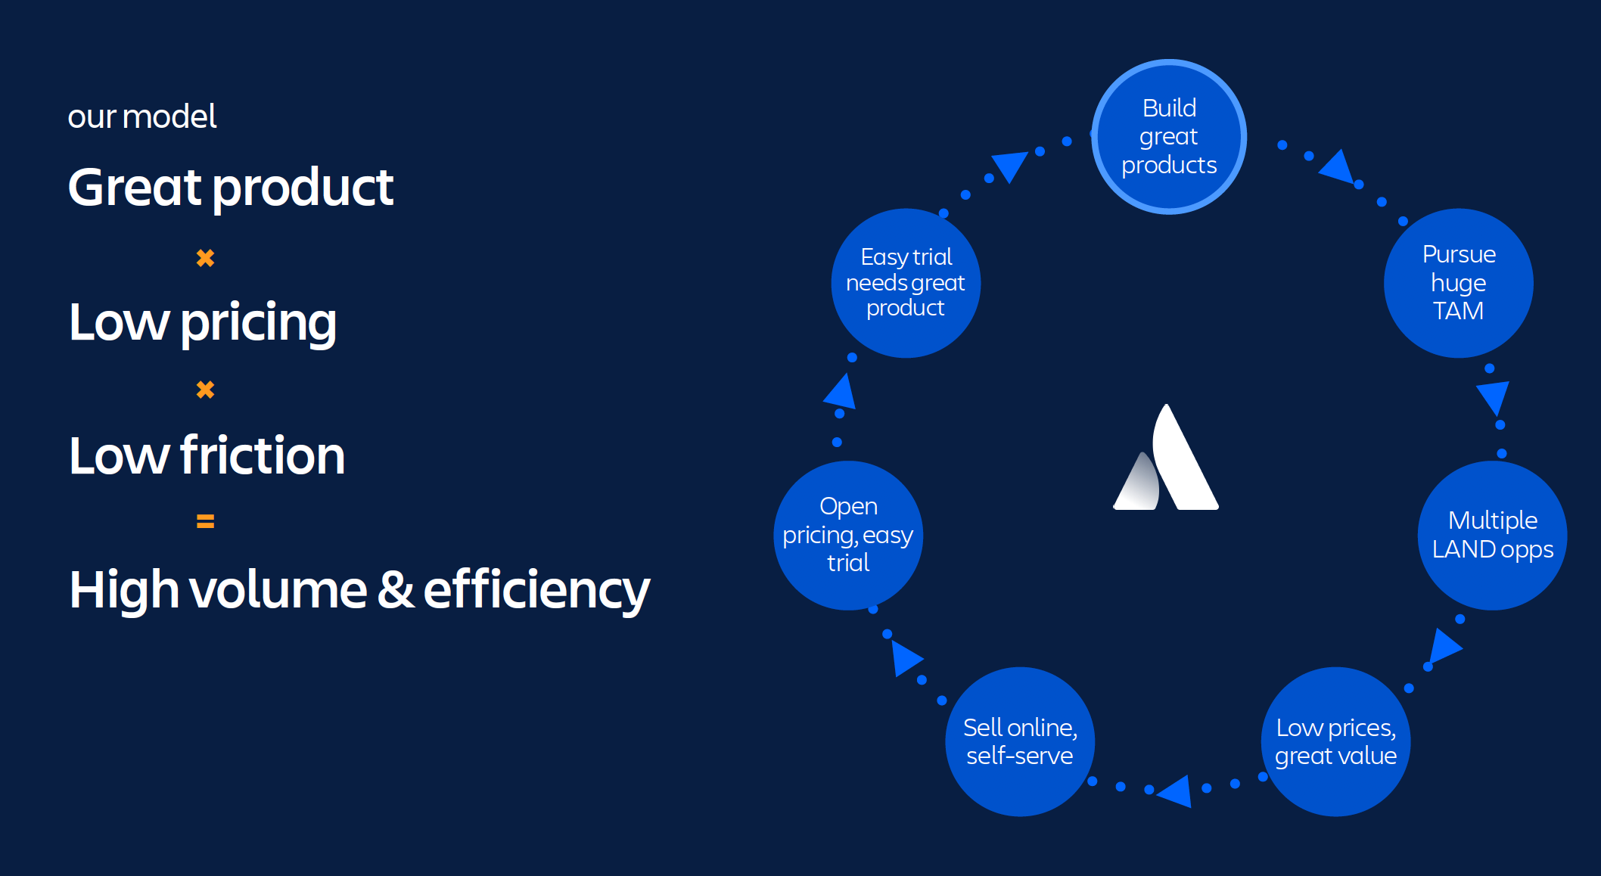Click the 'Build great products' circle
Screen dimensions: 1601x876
pyautogui.click(x=1169, y=137)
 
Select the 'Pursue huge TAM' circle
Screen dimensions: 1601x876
pyautogui.click(x=1458, y=283)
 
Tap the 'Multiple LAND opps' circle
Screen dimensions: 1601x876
pyautogui.click(x=1492, y=535)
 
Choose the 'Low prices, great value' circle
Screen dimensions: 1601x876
pyautogui.click(x=1335, y=741)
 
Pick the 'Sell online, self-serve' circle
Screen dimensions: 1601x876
pyautogui.click(x=1019, y=741)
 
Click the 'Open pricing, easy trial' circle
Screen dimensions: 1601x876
pyautogui.click(x=848, y=535)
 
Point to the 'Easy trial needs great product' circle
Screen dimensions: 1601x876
pyautogui.click(x=906, y=283)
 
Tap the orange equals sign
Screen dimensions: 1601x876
pyautogui.click(x=205, y=521)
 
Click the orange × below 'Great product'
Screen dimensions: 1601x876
pyautogui.click(x=205, y=258)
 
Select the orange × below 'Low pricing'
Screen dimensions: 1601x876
pyautogui.click(x=205, y=390)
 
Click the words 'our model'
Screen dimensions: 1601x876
pyautogui.click(x=142, y=116)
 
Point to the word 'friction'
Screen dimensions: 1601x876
pyautogui.click(x=263, y=455)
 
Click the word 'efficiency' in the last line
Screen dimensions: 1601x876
pyautogui.click(x=536, y=590)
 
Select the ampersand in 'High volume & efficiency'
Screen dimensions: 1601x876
pyautogui.click(x=396, y=590)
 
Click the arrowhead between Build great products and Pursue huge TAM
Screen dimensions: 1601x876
pyautogui.click(x=1338, y=167)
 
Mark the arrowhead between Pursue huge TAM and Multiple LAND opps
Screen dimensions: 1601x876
pyautogui.click(x=1494, y=396)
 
